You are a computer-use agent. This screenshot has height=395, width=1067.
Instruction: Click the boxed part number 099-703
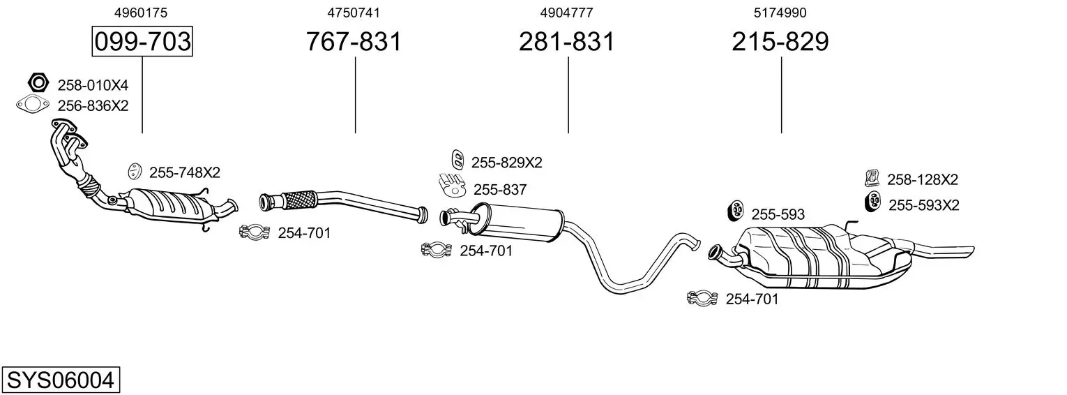[142, 42]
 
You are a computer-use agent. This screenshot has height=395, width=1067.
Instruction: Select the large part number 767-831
[354, 42]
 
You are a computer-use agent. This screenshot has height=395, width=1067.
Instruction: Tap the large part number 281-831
[566, 42]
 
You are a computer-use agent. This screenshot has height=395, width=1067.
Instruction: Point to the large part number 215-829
[780, 42]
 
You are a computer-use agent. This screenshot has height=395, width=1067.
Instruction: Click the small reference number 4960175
[141, 13]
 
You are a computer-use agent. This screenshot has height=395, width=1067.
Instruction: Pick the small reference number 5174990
[780, 13]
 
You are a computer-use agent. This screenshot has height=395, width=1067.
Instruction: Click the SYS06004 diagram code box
[60, 380]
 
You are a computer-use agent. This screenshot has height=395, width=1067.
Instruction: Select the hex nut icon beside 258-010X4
[39, 83]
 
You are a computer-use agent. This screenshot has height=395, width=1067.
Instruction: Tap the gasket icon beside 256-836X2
[32, 105]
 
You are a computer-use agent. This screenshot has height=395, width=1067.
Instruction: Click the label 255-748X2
[184, 172]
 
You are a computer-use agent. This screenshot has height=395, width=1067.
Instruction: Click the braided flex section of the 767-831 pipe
[299, 200]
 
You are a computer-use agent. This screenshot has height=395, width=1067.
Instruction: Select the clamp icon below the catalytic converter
[255, 232]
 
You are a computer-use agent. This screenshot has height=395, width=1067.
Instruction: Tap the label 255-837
[500, 189]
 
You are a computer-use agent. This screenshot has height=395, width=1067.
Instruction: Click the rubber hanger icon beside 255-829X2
[457, 159]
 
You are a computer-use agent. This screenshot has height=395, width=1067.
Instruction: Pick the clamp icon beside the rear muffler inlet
[702, 299]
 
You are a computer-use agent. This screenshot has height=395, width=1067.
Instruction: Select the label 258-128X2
[922, 179]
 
